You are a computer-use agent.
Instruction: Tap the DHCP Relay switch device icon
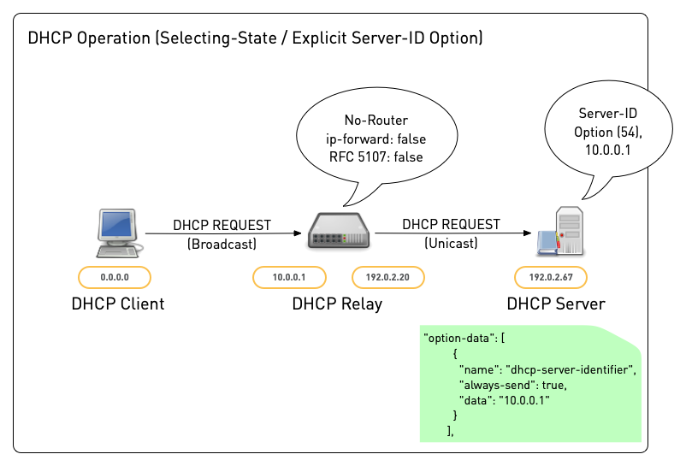point(338,234)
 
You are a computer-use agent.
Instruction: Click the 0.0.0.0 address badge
point(114,277)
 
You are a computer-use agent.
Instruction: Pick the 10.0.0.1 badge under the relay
point(288,277)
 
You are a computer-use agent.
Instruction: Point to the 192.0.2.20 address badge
point(388,277)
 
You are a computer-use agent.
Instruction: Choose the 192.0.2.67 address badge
point(550,277)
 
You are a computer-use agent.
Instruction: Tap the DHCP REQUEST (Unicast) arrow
point(452,233)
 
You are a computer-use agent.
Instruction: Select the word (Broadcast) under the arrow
point(222,245)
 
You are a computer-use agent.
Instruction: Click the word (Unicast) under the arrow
point(451,244)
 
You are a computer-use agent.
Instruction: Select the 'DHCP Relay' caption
point(337,304)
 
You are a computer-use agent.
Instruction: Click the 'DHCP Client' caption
point(117,304)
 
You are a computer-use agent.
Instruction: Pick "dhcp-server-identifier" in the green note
point(571,369)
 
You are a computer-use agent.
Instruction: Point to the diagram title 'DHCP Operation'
point(94,38)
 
